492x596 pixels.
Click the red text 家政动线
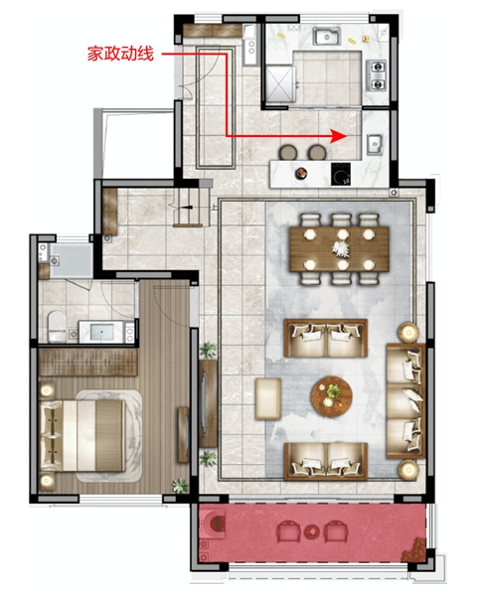(120, 54)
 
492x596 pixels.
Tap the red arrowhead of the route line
(338, 136)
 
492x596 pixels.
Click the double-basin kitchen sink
(327, 37)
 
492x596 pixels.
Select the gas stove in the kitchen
(377, 75)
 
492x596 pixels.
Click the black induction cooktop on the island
(341, 174)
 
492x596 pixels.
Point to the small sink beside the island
(375, 144)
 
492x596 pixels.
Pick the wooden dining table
(339, 249)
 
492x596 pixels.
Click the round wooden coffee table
(332, 396)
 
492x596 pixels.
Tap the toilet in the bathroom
(57, 326)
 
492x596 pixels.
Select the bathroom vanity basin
(102, 332)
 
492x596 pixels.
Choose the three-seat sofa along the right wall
(406, 400)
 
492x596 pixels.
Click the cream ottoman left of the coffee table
(268, 398)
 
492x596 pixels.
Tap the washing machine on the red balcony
(213, 524)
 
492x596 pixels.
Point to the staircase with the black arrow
(191, 208)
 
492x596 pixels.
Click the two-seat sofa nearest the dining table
(326, 338)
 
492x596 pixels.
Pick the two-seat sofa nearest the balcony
(326, 462)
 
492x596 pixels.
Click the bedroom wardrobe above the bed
(88, 362)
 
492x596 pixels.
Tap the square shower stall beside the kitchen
(280, 84)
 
